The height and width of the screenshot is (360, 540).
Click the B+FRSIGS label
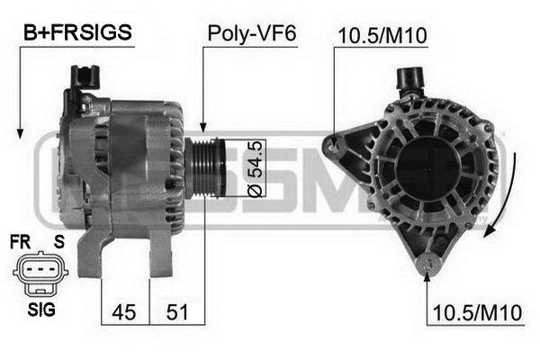77,33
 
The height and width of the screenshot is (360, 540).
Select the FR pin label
20,241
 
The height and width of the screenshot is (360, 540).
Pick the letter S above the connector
58,241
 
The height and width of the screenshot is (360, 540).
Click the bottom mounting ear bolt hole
429,265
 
